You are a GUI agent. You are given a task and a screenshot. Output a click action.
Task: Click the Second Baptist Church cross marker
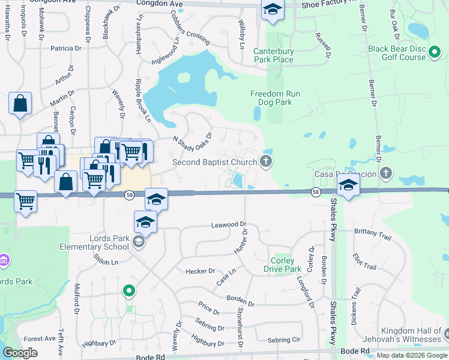[266, 161]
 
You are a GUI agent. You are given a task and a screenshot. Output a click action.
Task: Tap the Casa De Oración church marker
[386, 173]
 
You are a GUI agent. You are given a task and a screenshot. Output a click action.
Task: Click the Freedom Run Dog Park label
[275, 98]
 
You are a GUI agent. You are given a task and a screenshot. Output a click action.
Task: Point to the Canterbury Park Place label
[273, 55]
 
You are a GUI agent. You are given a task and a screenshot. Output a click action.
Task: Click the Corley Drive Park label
[282, 265]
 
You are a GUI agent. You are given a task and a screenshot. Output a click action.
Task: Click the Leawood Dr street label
[229, 225]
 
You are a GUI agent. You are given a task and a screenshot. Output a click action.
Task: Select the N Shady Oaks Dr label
[193, 142]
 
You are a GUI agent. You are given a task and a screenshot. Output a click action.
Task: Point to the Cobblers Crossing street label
[188, 34]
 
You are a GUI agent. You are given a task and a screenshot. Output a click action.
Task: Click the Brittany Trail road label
[372, 233]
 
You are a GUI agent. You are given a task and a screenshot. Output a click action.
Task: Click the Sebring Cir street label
[283, 340]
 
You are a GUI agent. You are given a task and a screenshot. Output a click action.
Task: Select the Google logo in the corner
[20, 353]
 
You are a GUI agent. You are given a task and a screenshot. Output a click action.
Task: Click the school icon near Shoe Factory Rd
[273, 10]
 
